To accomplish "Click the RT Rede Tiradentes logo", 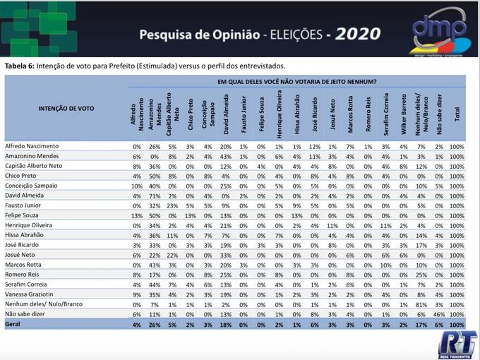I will [457, 344].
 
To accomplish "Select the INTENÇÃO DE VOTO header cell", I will [66, 109].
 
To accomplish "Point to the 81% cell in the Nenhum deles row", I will [421, 304].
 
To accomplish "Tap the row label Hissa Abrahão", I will [29, 234].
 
